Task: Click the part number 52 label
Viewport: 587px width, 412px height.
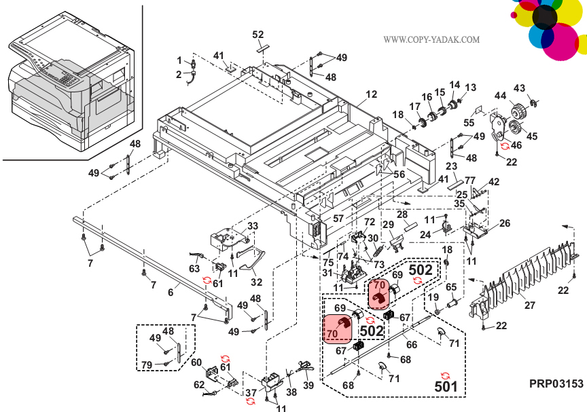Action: [x=258, y=35]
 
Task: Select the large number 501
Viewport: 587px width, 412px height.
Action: [x=446, y=387]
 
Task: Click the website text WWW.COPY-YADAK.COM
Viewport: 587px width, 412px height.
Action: [x=431, y=40]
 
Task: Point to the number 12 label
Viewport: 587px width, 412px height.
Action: [x=371, y=94]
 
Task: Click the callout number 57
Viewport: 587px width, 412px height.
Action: [x=338, y=219]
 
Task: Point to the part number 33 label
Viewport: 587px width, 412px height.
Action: [x=253, y=226]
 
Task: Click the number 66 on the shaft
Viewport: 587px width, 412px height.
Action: [x=412, y=345]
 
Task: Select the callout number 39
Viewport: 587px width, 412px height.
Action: [x=309, y=386]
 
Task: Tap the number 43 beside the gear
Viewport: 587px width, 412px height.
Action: [x=520, y=88]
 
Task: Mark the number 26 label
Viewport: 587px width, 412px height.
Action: [x=505, y=223]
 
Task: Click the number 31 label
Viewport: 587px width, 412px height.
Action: [x=326, y=274]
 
